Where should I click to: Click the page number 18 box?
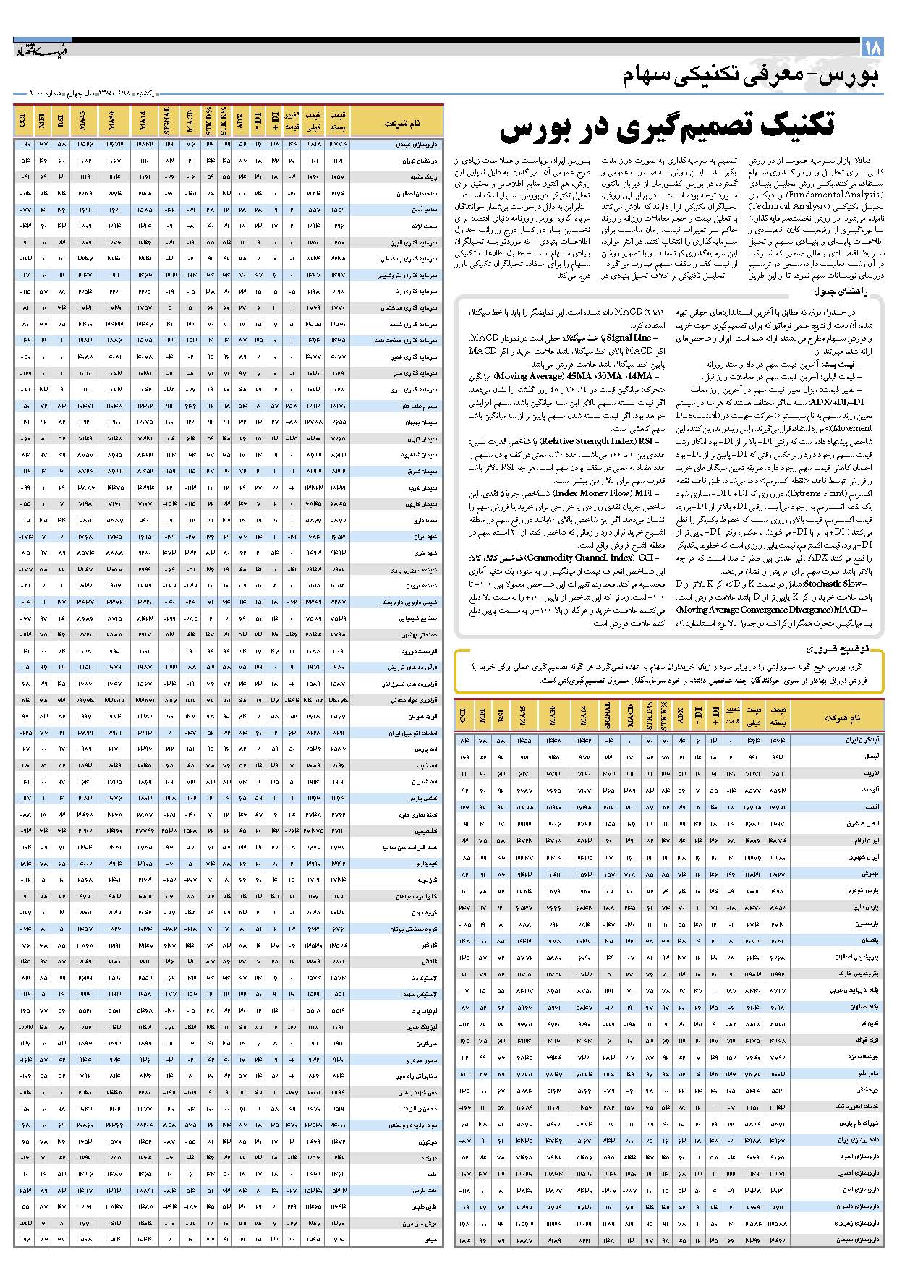[x=872, y=48]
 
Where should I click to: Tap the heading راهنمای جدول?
[x=847, y=291]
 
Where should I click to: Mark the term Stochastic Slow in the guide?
[x=833, y=583]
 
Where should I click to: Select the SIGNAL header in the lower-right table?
[x=607, y=717]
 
